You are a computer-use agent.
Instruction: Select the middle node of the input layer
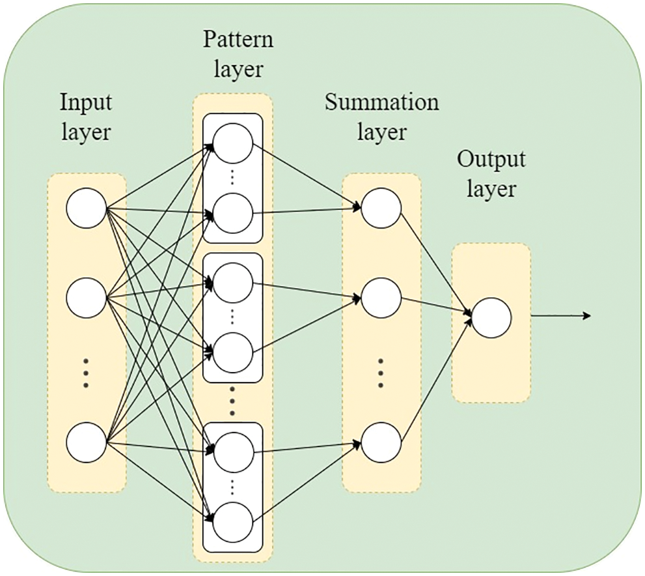[86, 298]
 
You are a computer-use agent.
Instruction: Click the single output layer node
[491, 318]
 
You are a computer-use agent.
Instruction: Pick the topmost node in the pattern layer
[232, 143]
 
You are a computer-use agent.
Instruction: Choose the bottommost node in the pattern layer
[232, 522]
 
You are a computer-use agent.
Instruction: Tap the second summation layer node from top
[381, 298]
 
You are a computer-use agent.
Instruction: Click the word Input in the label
[86, 103]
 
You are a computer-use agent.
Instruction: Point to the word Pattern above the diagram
[238, 40]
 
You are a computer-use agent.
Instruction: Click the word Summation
[382, 103]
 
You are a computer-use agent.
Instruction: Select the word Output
[491, 160]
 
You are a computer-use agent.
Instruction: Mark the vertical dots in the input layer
[86, 373]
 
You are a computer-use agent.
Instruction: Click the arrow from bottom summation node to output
[436, 381]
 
